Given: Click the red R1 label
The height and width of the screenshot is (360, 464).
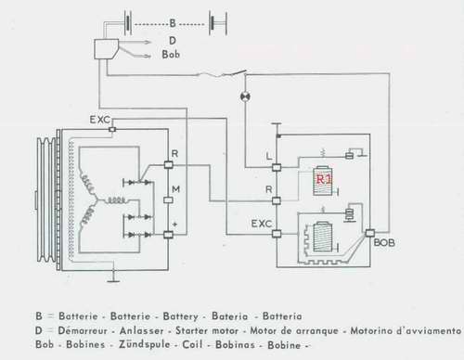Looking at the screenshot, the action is (324, 179).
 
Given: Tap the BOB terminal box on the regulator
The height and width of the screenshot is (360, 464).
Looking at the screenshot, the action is (369, 233).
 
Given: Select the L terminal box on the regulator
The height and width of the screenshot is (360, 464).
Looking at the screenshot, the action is (277, 168).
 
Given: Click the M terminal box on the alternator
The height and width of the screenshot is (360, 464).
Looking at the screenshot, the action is (168, 200).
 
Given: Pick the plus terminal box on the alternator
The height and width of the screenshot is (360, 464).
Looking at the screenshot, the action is (168, 235).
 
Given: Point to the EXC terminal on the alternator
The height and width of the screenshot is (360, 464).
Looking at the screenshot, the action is (112, 129).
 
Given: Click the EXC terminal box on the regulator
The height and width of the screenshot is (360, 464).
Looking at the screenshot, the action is (277, 234).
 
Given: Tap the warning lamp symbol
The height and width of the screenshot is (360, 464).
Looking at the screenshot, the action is (245, 96).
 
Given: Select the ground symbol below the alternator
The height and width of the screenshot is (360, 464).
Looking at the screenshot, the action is (114, 276).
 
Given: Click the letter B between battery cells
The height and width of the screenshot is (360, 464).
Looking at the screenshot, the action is (173, 23).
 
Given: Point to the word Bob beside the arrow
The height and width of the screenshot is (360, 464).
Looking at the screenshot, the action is (171, 55).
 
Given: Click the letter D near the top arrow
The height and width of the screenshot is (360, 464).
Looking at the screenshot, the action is (173, 41).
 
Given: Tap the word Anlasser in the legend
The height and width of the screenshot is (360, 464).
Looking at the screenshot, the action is (142, 330).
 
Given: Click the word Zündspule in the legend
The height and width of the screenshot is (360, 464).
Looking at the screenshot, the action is (145, 344).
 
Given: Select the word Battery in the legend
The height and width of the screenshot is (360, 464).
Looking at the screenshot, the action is (180, 316).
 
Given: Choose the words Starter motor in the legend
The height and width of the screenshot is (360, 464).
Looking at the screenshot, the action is (207, 330).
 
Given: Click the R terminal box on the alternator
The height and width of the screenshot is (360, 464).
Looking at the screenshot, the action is (168, 164).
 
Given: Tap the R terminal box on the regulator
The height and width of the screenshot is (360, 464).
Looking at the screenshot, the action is (277, 201).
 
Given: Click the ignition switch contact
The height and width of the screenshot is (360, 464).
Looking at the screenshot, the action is (238, 73).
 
